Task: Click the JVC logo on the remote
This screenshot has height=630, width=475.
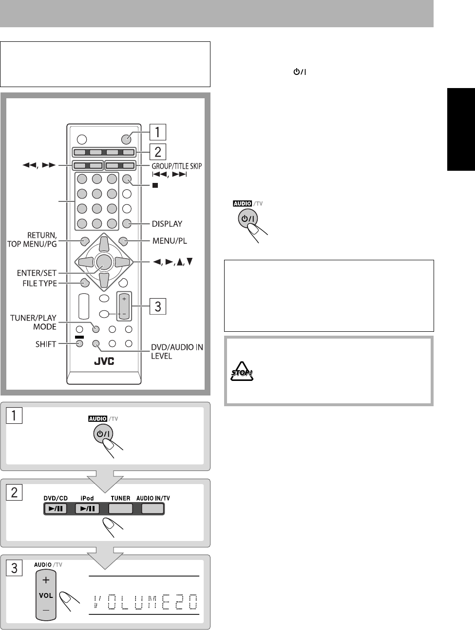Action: [103, 361]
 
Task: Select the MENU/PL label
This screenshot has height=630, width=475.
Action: [169, 240]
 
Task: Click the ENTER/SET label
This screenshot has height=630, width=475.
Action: [37, 273]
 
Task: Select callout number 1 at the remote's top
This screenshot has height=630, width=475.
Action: [157, 132]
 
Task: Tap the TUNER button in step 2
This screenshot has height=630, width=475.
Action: [120, 509]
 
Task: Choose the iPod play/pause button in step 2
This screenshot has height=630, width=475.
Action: [87, 509]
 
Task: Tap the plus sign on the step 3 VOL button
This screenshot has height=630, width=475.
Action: [46, 580]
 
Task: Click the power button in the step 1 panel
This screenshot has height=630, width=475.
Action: [103, 435]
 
